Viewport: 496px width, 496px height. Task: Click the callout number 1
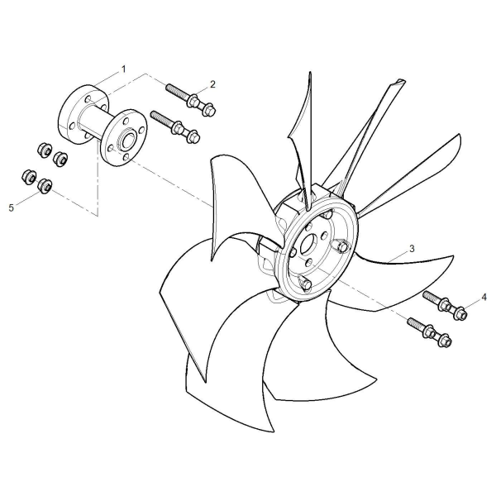(124, 69)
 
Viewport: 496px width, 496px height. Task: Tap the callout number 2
(212, 84)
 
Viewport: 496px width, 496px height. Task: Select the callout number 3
(412, 249)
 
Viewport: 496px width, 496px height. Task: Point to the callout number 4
(484, 297)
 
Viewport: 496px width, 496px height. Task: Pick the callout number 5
(12, 207)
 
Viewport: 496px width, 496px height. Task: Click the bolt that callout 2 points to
(191, 99)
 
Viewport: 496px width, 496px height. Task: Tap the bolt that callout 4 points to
(445, 305)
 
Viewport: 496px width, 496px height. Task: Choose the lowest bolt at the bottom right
(430, 332)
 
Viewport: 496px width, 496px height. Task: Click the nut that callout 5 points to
(45, 185)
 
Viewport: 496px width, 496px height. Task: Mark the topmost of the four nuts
(45, 150)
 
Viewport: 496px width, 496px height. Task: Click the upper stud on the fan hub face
(343, 246)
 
